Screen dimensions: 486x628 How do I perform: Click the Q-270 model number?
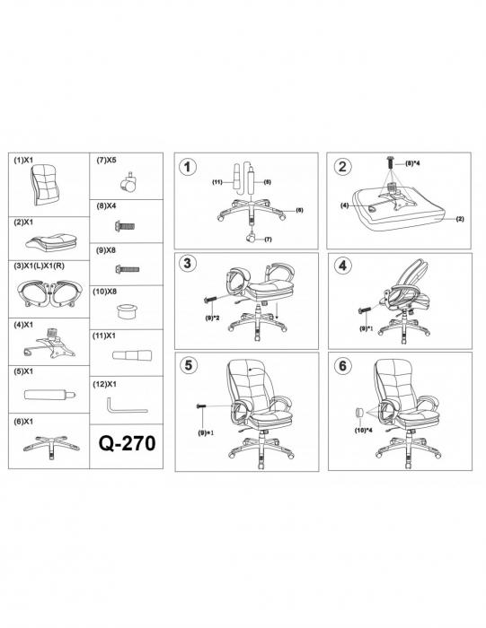127,443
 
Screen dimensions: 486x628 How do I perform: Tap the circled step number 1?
187,167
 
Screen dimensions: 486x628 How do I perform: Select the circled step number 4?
342,266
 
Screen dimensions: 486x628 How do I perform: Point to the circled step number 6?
342,365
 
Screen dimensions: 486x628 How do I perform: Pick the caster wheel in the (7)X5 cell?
128,183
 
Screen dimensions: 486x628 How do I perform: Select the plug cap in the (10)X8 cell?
127,310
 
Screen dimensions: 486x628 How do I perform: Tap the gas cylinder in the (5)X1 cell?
49,395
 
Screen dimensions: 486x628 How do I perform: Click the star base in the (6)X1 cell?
51,445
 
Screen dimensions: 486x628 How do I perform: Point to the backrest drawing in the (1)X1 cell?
48,185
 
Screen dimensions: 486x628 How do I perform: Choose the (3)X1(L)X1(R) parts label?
40,266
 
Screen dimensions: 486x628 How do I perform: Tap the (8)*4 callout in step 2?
411,163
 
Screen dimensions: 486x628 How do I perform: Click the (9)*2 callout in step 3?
213,318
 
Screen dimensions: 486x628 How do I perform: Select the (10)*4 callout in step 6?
364,431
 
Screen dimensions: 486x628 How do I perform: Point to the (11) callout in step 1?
217,182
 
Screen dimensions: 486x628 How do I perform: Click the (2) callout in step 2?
460,219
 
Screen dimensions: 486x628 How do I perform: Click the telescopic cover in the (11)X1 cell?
132,354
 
